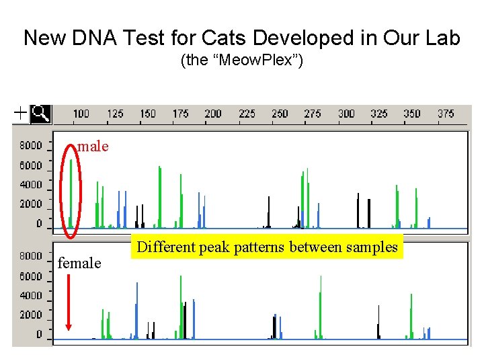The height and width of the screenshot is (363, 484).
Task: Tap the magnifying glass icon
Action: (41, 114)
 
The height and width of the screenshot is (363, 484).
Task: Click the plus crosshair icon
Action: (21, 114)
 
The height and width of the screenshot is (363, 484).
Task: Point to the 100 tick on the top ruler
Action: (81, 114)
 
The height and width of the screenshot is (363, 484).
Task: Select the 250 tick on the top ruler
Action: (280, 114)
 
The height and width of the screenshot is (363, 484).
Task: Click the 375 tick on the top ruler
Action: (446, 114)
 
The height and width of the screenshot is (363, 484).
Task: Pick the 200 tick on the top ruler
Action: (213, 114)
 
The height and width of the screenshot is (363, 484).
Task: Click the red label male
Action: (93, 147)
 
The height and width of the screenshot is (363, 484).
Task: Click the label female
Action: (79, 264)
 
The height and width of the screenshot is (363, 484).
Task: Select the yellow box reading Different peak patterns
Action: (267, 247)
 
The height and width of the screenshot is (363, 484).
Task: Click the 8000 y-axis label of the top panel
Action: (30, 145)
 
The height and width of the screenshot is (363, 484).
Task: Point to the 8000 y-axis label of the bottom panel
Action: (30, 256)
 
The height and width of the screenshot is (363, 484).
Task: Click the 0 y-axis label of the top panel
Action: (38, 223)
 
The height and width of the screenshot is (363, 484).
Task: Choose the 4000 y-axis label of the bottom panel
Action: (30, 295)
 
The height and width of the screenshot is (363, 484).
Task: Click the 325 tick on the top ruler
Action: (379, 114)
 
